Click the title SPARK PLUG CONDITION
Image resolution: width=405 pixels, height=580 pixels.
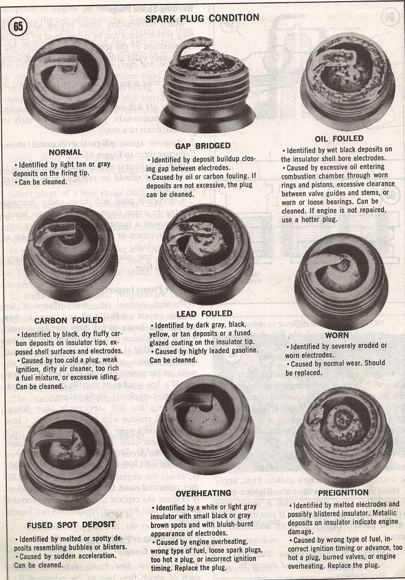point(202,18)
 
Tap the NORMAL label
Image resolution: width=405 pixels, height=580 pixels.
point(65,153)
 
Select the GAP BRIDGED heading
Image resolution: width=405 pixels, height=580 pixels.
point(202,146)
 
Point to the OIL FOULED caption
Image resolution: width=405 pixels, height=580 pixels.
point(339,138)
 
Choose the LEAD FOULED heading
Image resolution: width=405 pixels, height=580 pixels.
point(204,313)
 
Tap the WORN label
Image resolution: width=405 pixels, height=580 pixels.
point(337,335)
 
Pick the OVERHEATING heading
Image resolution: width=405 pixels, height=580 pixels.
point(203,493)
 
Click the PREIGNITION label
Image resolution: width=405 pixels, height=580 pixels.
point(343,493)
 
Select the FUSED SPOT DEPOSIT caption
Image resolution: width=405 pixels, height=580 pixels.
point(63,524)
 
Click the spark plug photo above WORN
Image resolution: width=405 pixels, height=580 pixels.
point(341,280)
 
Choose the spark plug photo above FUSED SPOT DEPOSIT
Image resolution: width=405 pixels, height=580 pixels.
point(67,458)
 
